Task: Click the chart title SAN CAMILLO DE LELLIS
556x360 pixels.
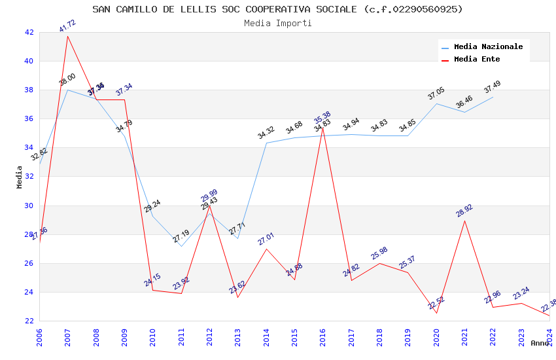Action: point(277,9)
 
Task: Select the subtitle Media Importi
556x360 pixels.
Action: point(277,23)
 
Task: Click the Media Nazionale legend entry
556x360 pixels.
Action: point(488,47)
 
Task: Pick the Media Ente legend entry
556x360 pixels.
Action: point(476,60)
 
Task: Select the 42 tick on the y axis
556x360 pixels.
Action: point(29,32)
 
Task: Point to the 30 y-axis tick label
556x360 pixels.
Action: point(29,206)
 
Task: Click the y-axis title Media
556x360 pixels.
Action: point(20,177)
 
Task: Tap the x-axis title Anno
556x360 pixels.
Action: point(540,343)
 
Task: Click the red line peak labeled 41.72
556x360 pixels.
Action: point(67,35)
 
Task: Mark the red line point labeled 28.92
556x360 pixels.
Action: point(464,221)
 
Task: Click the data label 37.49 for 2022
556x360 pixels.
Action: point(493,87)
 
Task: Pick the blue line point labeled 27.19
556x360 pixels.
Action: point(181,246)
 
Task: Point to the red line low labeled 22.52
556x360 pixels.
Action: point(436,313)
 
